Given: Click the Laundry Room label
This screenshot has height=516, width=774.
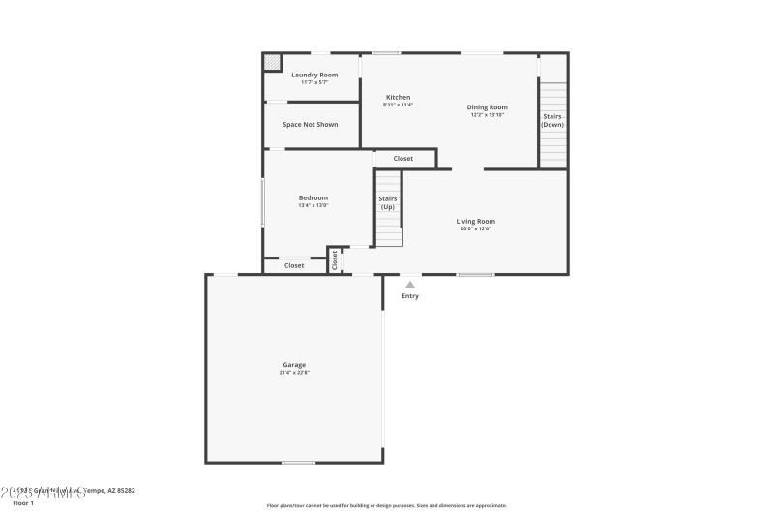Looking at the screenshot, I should (x=314, y=75).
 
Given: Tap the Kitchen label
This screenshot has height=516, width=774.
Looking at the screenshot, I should (x=399, y=97).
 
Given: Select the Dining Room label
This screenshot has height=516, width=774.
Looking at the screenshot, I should (x=488, y=107).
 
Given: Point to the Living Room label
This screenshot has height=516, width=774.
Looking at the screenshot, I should (x=476, y=221).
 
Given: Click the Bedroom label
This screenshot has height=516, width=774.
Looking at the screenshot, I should (x=313, y=197).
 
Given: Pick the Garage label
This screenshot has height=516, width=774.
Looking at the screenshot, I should (x=294, y=365).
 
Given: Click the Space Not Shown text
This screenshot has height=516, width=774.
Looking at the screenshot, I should (x=311, y=125).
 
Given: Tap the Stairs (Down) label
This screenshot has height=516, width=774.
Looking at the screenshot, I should (x=552, y=121).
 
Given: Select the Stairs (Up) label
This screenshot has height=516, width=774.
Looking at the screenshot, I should (x=388, y=203).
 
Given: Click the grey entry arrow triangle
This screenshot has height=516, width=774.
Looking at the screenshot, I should (x=410, y=285).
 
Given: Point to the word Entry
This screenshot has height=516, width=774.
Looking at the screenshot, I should (x=410, y=296).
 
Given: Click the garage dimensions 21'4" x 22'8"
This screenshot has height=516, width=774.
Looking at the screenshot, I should (x=294, y=373).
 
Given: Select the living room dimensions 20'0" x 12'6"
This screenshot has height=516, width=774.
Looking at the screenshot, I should (x=476, y=228).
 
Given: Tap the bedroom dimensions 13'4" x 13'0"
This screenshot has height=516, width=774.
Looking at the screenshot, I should (x=313, y=205).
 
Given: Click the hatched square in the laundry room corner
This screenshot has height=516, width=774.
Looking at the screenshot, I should (x=272, y=62).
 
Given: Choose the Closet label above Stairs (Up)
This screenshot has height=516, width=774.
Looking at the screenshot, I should (x=403, y=159).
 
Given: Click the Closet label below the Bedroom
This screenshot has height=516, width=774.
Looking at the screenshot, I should (x=294, y=265).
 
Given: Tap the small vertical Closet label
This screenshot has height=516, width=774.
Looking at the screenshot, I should (x=336, y=259).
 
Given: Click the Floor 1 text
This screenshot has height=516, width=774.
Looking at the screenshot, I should (x=23, y=503).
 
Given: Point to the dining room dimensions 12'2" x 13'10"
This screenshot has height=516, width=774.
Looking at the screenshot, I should (x=488, y=115).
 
